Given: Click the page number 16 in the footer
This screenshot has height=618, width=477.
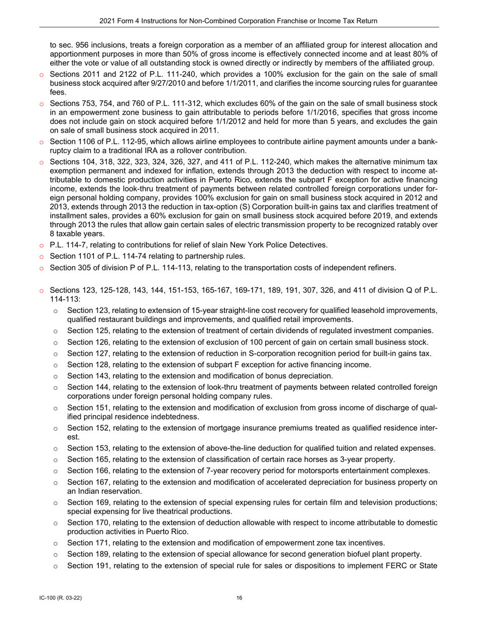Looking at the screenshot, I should tap(239, 597).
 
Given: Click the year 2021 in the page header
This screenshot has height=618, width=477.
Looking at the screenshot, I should tap(107, 21).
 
